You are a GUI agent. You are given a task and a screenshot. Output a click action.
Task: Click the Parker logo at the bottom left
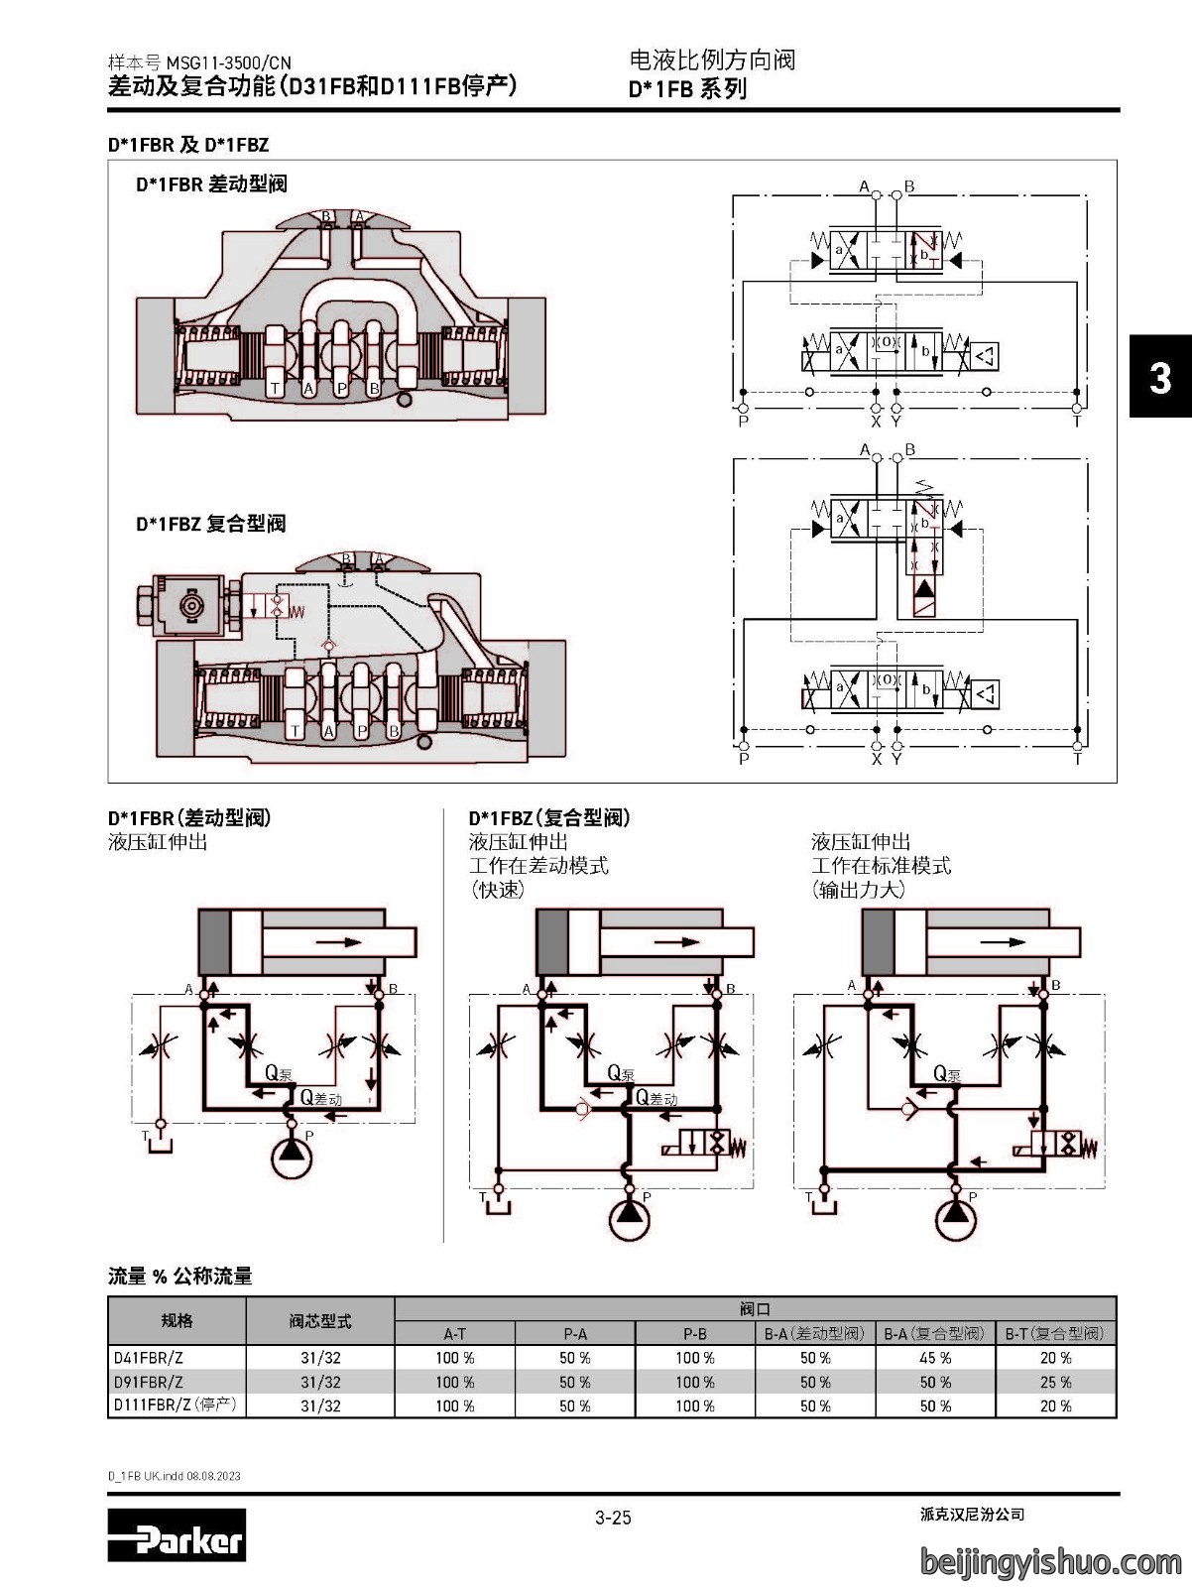pos(177,1534)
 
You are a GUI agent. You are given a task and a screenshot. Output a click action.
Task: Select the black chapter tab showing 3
pos(1160,377)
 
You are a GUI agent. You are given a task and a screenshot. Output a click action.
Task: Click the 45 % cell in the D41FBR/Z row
pos(935,1358)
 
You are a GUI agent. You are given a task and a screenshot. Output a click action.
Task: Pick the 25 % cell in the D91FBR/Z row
pos(1056,1382)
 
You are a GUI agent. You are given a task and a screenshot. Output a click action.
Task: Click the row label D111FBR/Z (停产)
pos(176,1404)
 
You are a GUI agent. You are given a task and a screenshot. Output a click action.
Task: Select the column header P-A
pos(575,1333)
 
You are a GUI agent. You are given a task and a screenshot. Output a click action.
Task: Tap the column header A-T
pos(454,1333)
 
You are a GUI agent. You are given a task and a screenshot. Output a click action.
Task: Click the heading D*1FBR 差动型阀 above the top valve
pos(211,184)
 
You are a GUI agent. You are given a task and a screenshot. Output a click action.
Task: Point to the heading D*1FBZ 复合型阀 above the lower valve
pos(210,524)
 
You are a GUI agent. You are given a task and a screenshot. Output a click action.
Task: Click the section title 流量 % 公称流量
pos(180,1277)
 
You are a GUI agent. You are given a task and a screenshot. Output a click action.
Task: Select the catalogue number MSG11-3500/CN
pos(228,62)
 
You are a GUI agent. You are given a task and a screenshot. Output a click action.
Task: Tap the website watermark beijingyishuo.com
pos(1051,1561)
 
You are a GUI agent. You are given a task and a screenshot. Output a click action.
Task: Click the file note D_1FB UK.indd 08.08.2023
pos(175,1476)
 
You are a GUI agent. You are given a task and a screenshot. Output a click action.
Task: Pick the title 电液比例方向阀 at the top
pos(712,61)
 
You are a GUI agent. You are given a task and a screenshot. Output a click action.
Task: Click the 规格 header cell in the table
pos(177,1321)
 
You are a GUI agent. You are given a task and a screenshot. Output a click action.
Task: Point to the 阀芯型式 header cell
pos(320,1321)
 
